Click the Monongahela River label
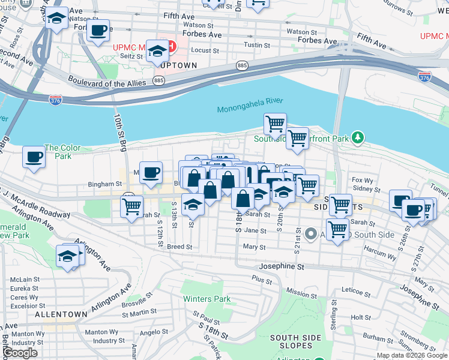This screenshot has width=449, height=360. click(250, 108)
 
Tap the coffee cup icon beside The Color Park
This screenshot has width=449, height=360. click(34, 157)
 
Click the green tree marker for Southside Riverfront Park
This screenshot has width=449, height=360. click(358, 138)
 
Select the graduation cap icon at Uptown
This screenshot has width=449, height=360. click(158, 52)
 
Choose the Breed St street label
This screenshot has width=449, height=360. click(179, 247)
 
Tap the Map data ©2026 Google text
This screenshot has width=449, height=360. click(411, 355)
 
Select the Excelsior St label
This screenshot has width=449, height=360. click(25, 306)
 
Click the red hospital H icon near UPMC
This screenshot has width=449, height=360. click(172, 46)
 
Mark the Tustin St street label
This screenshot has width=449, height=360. click(256, 45)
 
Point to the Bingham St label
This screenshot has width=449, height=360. click(104, 184)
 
